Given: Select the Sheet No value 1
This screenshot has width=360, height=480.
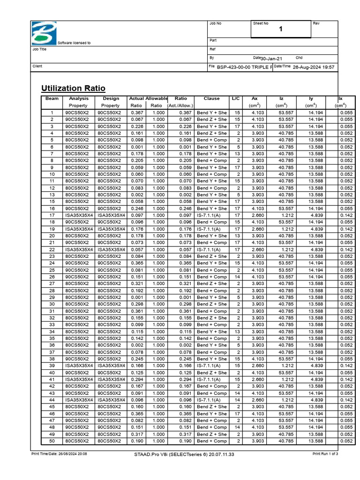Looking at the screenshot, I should (281, 30).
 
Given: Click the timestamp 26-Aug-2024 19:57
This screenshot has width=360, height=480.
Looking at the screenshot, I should (313, 67).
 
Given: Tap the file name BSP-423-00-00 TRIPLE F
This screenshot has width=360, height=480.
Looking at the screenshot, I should (244, 67).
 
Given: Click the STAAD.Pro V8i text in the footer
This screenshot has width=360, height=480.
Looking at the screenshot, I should (184, 454).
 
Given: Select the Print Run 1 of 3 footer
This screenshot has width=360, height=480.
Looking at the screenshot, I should (325, 454).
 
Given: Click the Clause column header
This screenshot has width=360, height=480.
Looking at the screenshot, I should (211, 99).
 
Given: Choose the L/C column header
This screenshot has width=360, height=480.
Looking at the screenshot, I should (236, 99).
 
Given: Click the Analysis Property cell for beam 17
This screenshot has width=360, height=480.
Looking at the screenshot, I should (78, 215).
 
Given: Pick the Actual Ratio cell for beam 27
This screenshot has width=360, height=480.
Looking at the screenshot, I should (136, 284).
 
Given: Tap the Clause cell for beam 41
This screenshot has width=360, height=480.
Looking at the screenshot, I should (211, 379).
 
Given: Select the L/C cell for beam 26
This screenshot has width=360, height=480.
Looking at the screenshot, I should (237, 277).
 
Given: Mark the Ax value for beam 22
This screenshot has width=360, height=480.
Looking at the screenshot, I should (255, 249).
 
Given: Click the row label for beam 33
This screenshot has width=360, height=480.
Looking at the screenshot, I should (52, 324).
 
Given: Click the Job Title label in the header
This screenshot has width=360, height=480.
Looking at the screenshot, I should (39, 49).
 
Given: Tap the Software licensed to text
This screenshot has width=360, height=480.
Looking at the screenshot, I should (74, 43).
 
